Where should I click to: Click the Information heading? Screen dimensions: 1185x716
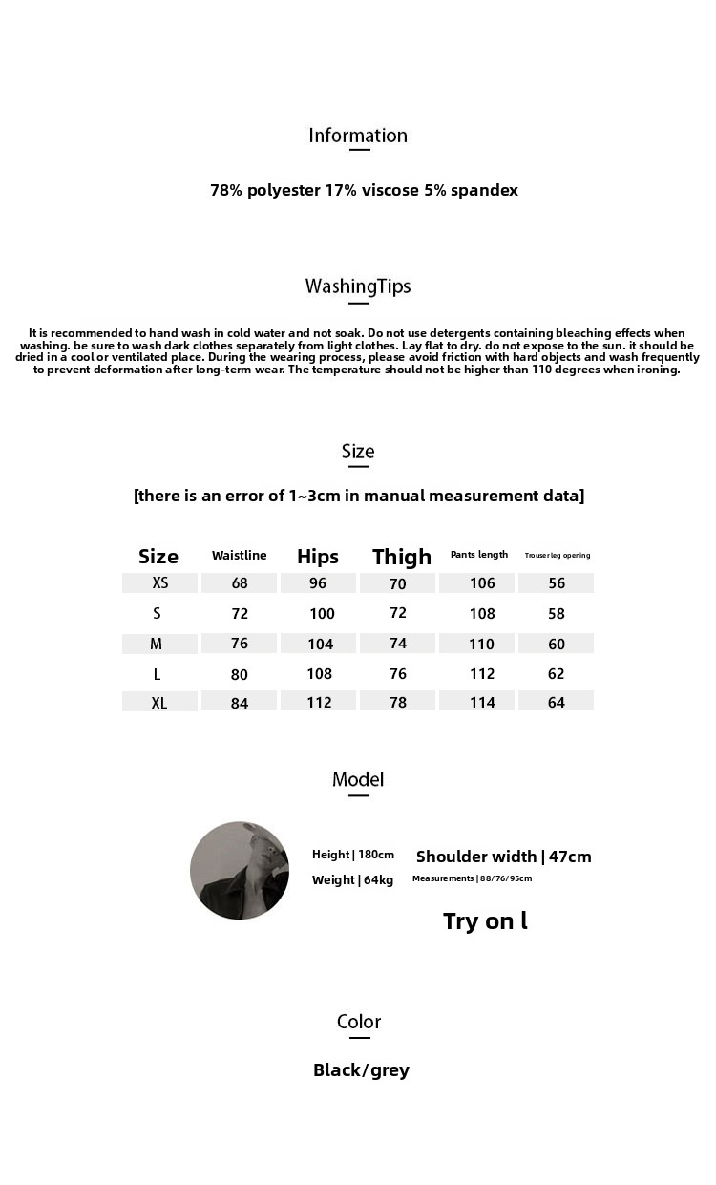pos(358,136)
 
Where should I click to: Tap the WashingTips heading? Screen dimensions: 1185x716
pos(358,286)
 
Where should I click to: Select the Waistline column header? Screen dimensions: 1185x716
pos(239,555)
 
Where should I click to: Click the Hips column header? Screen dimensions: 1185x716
pos(318,557)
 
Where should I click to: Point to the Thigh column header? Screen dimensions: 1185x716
pos(402,557)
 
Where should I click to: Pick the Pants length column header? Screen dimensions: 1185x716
pos(479,555)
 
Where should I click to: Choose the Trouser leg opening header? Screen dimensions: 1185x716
pos(558,555)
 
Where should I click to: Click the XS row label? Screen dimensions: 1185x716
pos(159,582)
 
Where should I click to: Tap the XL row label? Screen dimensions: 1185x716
pos(159,703)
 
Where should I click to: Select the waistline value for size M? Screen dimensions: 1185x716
pos(239,644)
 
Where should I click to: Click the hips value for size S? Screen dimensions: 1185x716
pos(322,614)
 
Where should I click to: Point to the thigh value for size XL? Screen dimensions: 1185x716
pos(398,703)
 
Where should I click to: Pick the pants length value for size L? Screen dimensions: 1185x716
pos(482,674)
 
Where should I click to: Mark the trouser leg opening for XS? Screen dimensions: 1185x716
pos(557,583)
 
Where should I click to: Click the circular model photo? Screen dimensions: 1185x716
pos(240,870)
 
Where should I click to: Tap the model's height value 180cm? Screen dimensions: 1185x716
pos(375,855)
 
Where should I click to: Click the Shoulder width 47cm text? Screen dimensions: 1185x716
pos(503,857)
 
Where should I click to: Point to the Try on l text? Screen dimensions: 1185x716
pos(485,921)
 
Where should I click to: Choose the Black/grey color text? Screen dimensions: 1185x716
pos(361,1070)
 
